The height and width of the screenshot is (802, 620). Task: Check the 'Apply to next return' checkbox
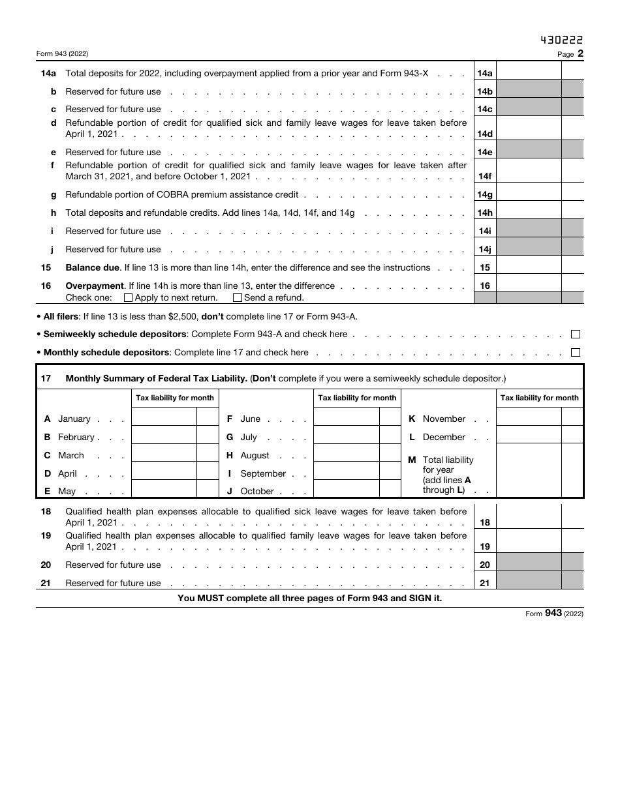tap(128, 298)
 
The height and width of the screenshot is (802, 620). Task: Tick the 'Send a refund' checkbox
tap(238, 298)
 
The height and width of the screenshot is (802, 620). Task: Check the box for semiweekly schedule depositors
tap(575, 334)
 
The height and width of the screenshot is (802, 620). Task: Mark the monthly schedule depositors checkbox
tap(575, 353)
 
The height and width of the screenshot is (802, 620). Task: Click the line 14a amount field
tap(529, 74)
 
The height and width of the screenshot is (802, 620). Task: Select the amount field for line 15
tap(529, 267)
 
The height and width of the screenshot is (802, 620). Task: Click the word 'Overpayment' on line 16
tap(95, 286)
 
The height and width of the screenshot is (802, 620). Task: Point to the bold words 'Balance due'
tap(93, 267)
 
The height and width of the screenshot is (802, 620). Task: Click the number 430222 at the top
tap(562, 40)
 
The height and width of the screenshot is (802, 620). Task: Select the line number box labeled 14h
tap(484, 213)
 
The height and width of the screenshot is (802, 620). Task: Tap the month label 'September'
tap(263, 473)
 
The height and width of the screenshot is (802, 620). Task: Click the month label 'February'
tap(76, 437)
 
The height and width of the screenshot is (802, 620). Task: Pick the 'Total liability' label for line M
tap(448, 460)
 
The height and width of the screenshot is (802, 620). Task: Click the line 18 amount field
tap(529, 516)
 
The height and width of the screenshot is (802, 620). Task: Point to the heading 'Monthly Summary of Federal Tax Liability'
tap(156, 378)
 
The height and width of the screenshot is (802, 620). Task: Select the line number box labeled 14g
tap(484, 194)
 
